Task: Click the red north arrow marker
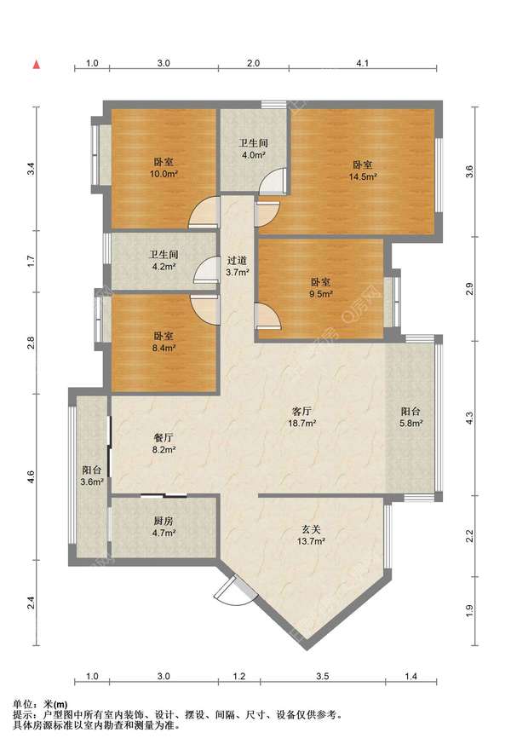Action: [37, 65]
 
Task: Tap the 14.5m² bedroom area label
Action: [363, 170]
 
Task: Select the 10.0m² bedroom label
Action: [164, 168]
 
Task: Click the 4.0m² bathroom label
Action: [253, 149]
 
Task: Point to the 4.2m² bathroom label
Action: [164, 261]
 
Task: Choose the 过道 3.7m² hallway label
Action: [238, 267]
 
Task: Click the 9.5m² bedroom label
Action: [320, 288]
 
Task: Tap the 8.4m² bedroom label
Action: [164, 342]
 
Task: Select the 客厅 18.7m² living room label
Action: [301, 417]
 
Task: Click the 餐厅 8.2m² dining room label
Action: [164, 443]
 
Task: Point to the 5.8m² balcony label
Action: [411, 417]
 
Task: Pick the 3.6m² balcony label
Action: [92, 476]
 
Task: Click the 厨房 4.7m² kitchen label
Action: [164, 526]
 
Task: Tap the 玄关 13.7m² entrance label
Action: [311, 535]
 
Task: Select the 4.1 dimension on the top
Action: [363, 63]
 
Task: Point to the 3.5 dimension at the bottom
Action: [323, 676]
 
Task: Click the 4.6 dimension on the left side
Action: [31, 477]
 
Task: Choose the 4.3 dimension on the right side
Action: [470, 418]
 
